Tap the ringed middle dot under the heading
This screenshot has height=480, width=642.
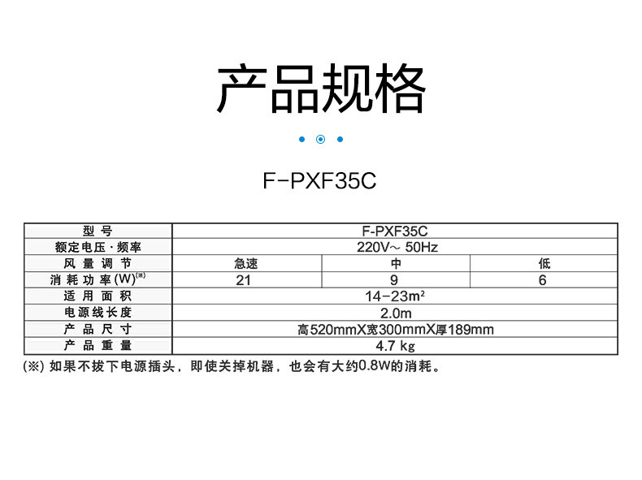pos(320,139)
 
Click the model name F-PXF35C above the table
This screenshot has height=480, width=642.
pos(320,180)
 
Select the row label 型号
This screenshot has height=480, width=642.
pos(98,231)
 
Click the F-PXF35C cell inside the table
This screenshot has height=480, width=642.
pos(395,231)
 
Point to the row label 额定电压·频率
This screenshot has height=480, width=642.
pos(98,248)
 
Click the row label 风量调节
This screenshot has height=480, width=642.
pos(98,264)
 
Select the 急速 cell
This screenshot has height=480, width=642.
pos(245,264)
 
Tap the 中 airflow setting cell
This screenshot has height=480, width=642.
pos(396,264)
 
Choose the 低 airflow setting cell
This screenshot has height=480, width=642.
pos(544,264)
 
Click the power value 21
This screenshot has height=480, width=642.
pos(244,280)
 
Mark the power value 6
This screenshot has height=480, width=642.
pos(543,280)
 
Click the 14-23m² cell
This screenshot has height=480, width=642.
pos(396,296)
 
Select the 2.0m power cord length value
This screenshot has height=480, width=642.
pos(396,313)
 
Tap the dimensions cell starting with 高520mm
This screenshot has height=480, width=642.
pos(396,329)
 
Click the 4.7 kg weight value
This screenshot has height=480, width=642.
pos(396,345)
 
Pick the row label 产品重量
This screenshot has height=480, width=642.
pos(98,345)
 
